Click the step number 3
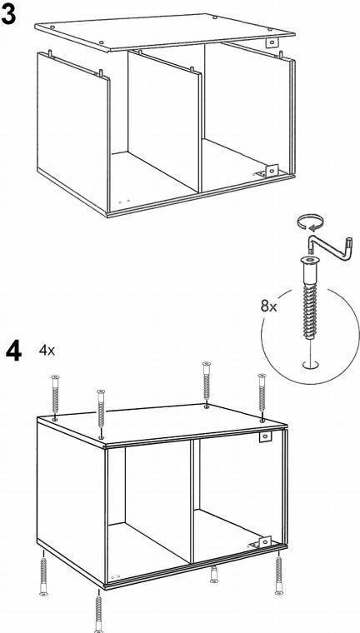[8, 15]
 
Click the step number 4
[13, 351]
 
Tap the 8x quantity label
[268, 307]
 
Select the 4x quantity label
[47, 351]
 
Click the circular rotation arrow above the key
[310, 222]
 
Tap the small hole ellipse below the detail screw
[310, 365]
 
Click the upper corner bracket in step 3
[272, 42]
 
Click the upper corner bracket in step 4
[265, 436]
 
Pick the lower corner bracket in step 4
[261, 542]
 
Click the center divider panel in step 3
[164, 121]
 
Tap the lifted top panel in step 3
[165, 32]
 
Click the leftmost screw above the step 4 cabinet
[55, 397]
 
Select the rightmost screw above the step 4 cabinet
[262, 397]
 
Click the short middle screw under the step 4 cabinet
[214, 574]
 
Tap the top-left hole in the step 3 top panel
[52, 27]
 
